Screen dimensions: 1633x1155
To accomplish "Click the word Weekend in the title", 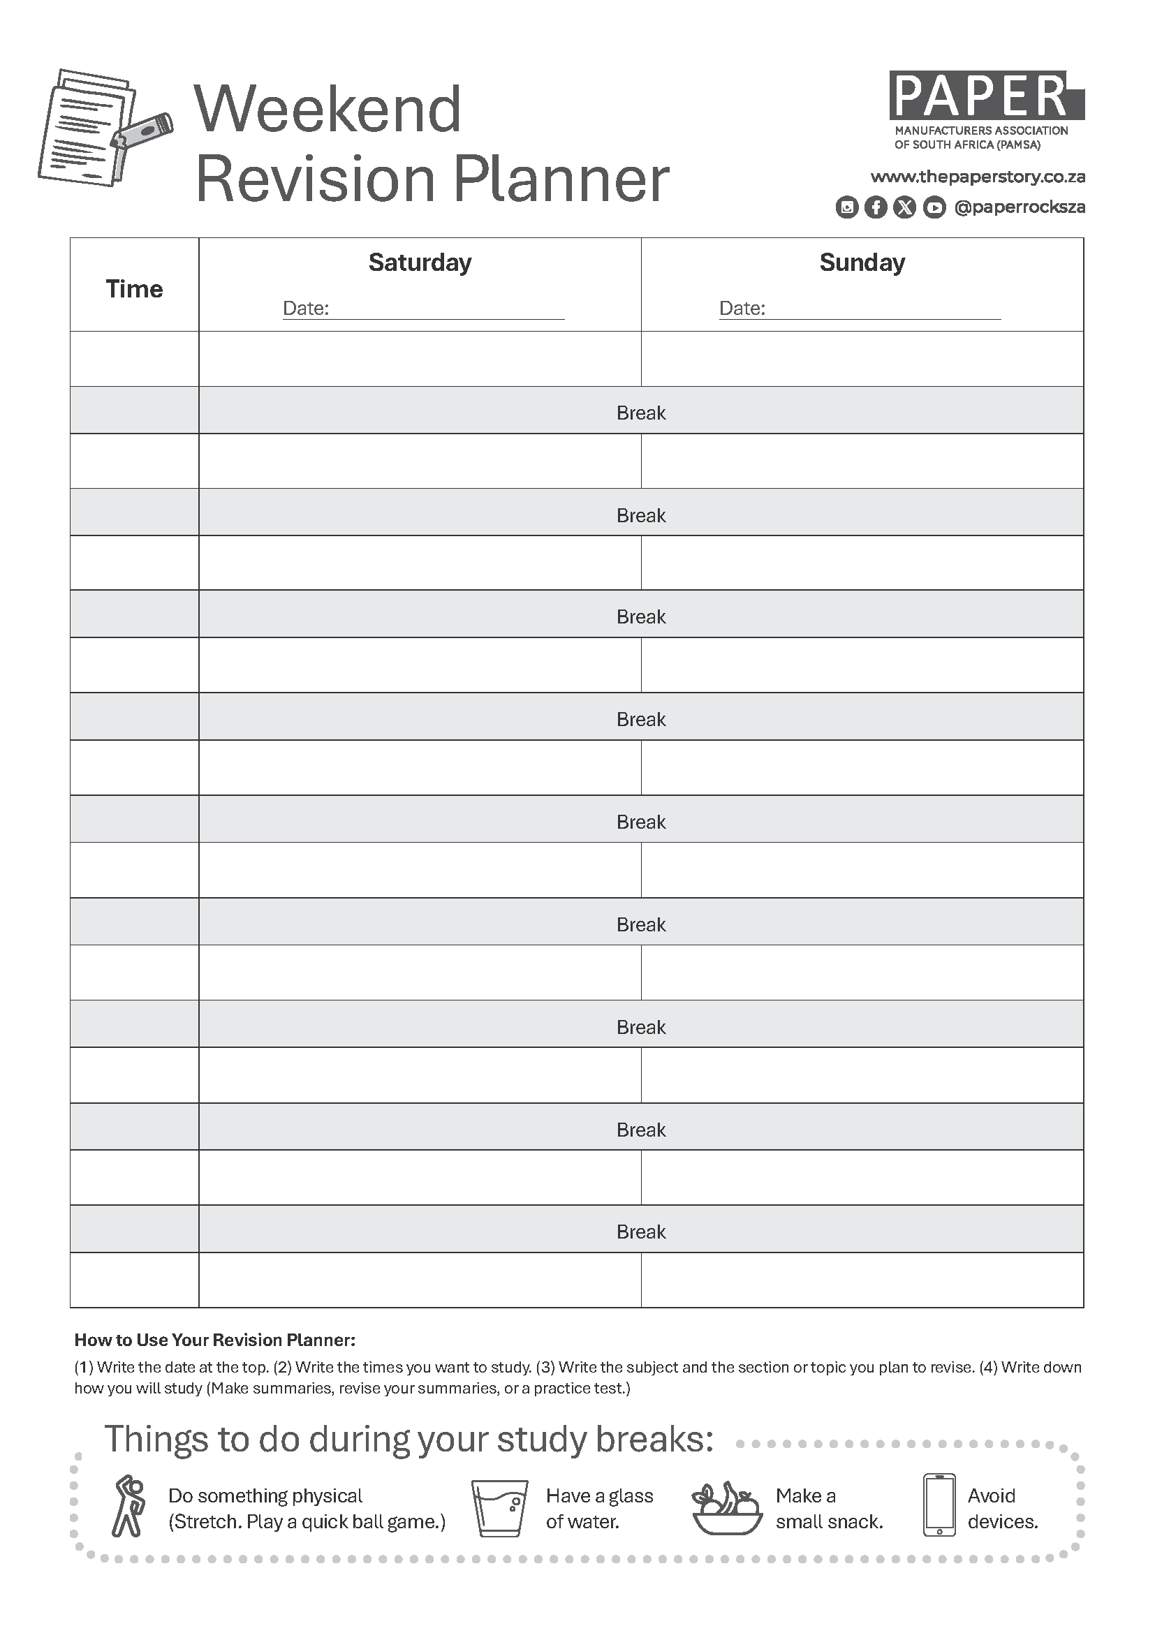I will [x=328, y=110].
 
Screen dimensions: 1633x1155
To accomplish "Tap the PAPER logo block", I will [x=985, y=96].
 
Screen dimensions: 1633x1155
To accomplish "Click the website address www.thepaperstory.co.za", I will [x=977, y=177].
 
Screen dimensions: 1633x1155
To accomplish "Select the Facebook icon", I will [x=876, y=207].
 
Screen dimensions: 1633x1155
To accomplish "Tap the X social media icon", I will [x=904, y=207].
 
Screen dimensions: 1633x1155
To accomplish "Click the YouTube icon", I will [x=934, y=207].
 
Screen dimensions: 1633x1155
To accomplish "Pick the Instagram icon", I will [x=846, y=207].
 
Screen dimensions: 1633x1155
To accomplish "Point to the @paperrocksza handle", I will [x=1019, y=207].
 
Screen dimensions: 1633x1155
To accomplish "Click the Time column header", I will [x=134, y=289].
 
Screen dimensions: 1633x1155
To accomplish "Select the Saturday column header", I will [x=420, y=263].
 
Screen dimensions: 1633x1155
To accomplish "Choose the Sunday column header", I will [x=862, y=263].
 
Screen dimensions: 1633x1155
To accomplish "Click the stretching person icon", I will [x=128, y=1506].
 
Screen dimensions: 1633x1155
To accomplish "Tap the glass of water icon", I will [x=500, y=1508].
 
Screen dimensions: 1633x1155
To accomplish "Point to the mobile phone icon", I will [x=939, y=1505].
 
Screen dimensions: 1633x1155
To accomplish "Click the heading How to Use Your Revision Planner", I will [x=215, y=1340].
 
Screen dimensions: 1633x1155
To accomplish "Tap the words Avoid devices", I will [x=1002, y=1508].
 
